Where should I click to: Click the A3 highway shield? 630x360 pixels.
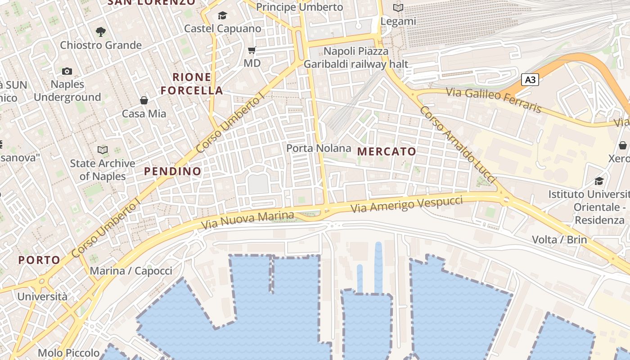click(x=531, y=80)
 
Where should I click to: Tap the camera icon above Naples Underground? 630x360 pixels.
click(x=67, y=71)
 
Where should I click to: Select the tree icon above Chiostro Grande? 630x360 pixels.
click(x=101, y=31)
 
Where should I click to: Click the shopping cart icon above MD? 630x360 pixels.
click(x=252, y=50)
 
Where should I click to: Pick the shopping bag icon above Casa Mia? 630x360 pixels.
click(x=144, y=100)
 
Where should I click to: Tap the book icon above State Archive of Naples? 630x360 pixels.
click(x=103, y=150)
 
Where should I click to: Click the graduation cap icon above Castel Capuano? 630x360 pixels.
click(x=222, y=16)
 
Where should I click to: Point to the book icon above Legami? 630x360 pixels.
click(x=398, y=8)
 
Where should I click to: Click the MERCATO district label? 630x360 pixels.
click(x=387, y=152)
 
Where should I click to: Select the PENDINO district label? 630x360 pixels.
click(x=173, y=171)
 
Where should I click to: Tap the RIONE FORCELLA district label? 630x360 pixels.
click(x=192, y=84)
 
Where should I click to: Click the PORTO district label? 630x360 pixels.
click(x=39, y=260)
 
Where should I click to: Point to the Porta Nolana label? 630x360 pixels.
click(x=319, y=148)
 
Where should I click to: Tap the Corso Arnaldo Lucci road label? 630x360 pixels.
click(x=457, y=144)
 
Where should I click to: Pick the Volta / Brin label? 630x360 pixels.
click(x=559, y=239)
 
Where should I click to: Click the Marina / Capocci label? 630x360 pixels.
click(x=131, y=271)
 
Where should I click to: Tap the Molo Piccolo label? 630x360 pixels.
click(x=68, y=353)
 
